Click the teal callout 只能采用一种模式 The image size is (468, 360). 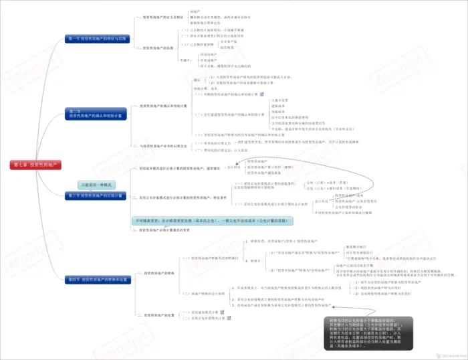tap(96, 185)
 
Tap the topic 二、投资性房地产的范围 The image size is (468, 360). tap(158, 48)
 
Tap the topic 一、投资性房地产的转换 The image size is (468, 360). tap(159, 273)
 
